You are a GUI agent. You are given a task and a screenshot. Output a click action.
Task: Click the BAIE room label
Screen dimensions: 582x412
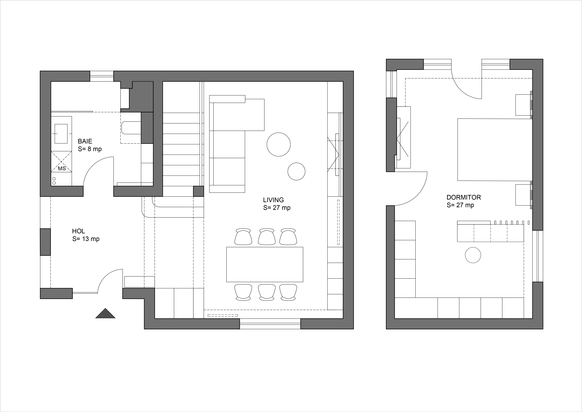click(x=85, y=141)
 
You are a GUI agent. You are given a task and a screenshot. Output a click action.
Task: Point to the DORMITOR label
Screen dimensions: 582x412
click(x=464, y=197)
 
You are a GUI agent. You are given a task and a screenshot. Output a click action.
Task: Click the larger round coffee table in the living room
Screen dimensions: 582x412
click(x=279, y=144)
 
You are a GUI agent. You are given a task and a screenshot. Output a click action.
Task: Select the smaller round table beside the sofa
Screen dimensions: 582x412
click(x=296, y=171)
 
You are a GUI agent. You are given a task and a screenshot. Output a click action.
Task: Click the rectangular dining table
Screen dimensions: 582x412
click(x=265, y=264)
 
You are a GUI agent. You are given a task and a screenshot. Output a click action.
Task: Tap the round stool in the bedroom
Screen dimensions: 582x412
click(x=473, y=255)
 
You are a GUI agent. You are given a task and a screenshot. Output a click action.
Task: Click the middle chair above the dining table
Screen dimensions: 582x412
click(x=267, y=237)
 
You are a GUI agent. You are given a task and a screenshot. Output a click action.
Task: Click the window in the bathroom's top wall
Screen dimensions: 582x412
click(x=102, y=76)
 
